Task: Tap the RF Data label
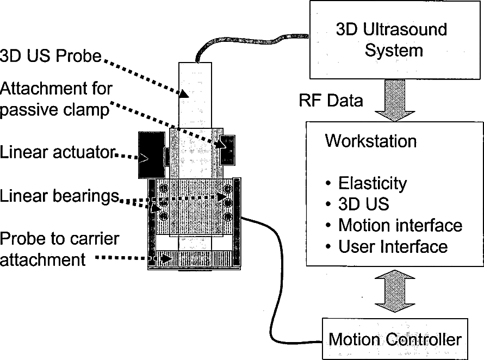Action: pos(331,101)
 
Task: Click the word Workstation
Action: pos(370,141)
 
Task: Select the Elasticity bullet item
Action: pos(372,183)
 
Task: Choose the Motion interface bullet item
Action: pos(400,225)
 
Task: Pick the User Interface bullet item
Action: pos(393,246)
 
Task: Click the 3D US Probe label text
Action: pos(51,56)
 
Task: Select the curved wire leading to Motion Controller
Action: pos(277,283)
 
